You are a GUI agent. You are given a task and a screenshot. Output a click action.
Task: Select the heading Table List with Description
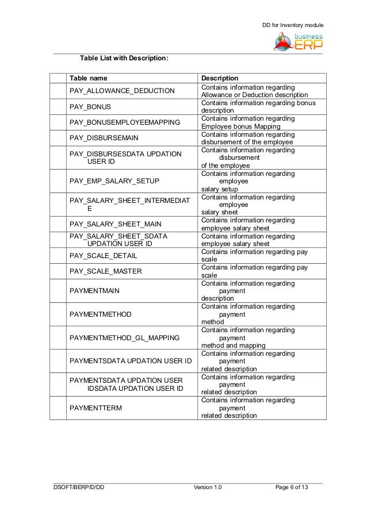124,59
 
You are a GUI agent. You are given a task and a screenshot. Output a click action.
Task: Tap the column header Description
220,78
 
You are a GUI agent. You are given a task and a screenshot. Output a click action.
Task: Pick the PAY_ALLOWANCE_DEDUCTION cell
114,91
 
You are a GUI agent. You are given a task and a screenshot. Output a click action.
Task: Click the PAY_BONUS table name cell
90,106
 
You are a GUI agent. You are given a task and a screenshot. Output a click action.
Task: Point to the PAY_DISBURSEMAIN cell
104,138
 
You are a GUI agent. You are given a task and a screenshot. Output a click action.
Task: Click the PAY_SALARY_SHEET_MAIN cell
115,224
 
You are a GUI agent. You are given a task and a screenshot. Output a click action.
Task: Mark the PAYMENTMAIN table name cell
94,291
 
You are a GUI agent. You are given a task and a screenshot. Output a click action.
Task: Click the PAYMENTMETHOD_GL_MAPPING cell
123,338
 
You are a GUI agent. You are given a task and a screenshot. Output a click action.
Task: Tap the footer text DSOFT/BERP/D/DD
79,488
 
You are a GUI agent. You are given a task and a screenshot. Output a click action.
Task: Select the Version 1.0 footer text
208,488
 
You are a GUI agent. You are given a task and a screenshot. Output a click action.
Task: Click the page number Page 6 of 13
292,488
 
